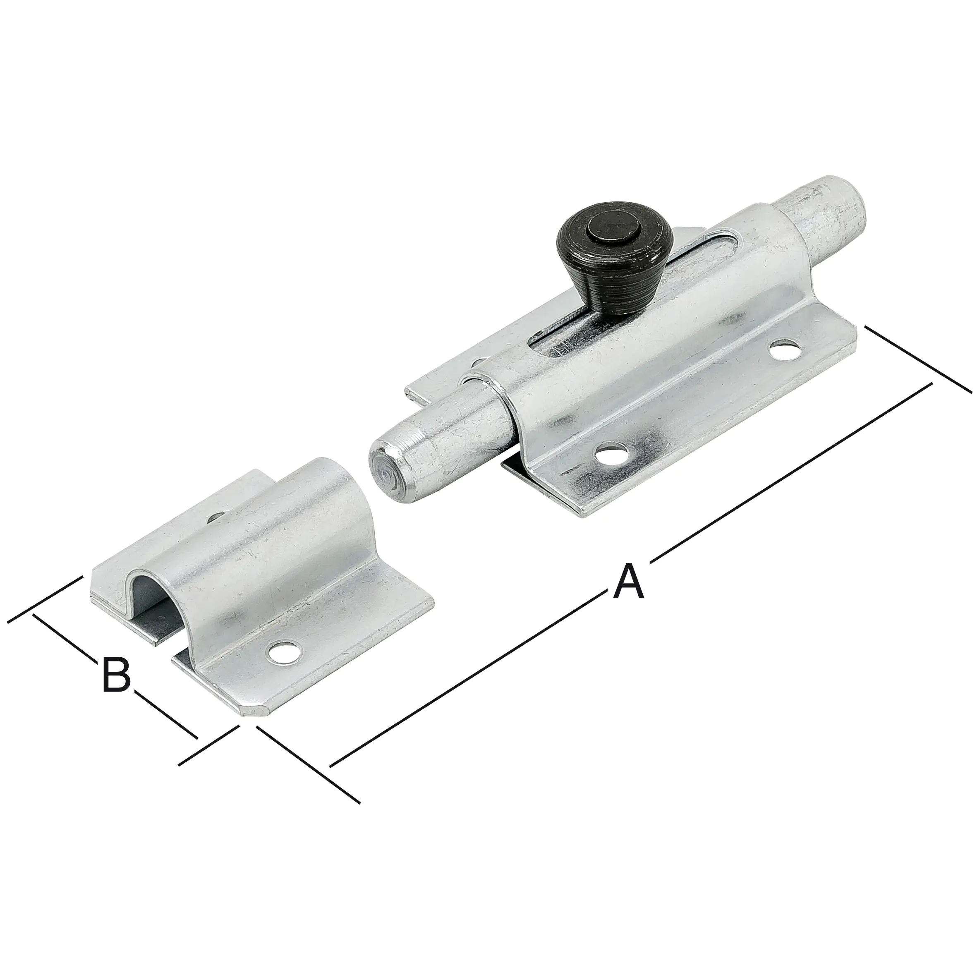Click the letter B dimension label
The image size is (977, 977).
click(x=116, y=675)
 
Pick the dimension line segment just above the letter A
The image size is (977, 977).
click(x=789, y=475)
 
